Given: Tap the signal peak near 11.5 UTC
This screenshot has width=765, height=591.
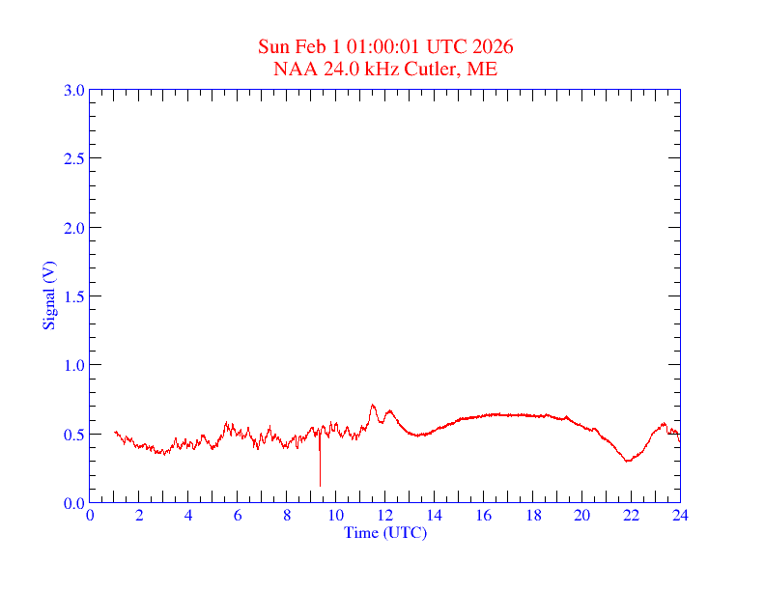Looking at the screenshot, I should (x=373, y=407).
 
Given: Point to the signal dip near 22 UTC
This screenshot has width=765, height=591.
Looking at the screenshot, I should (x=628, y=461).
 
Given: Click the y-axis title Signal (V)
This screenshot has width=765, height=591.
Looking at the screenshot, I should (x=48, y=295).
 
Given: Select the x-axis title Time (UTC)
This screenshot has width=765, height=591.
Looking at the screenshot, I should (x=385, y=532).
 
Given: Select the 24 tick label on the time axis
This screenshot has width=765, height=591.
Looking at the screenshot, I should (x=680, y=516).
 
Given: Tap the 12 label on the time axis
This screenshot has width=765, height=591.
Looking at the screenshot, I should (x=385, y=516).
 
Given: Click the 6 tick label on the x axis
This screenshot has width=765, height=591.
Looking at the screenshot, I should (x=238, y=516).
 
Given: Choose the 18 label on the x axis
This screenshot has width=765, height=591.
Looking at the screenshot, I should (x=532, y=516).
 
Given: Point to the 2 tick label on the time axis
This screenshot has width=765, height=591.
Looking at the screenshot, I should (x=139, y=516).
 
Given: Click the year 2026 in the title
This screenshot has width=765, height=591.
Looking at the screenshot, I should (x=493, y=47).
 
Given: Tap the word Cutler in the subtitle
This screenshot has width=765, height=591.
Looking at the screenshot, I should (x=436, y=69).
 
